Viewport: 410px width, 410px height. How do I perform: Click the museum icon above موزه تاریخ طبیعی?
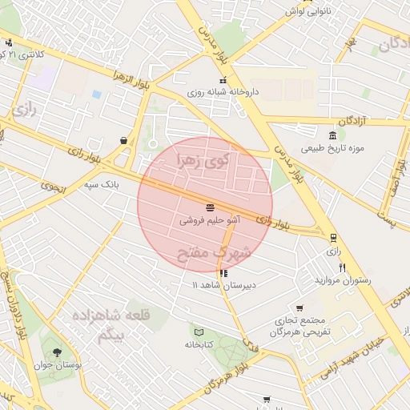pyautogui.click(x=332, y=134)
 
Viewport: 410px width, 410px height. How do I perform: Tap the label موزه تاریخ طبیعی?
pyautogui.click(x=332, y=148)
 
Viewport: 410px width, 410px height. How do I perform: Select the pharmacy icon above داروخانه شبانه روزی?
pyautogui.click(x=223, y=80)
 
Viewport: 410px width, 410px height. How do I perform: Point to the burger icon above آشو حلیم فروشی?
pyautogui.click(x=210, y=207)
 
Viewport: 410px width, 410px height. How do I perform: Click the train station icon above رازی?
pyautogui.click(x=333, y=237)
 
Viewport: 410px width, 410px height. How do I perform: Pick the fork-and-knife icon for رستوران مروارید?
pyautogui.click(x=343, y=267)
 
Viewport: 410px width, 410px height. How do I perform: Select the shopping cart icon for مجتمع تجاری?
pyautogui.click(x=299, y=307)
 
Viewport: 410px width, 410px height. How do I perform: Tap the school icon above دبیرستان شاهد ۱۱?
pyautogui.click(x=223, y=272)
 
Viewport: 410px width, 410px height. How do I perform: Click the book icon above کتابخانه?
pyautogui.click(x=198, y=332)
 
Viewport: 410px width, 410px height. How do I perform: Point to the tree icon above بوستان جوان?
pyautogui.click(x=56, y=352)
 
